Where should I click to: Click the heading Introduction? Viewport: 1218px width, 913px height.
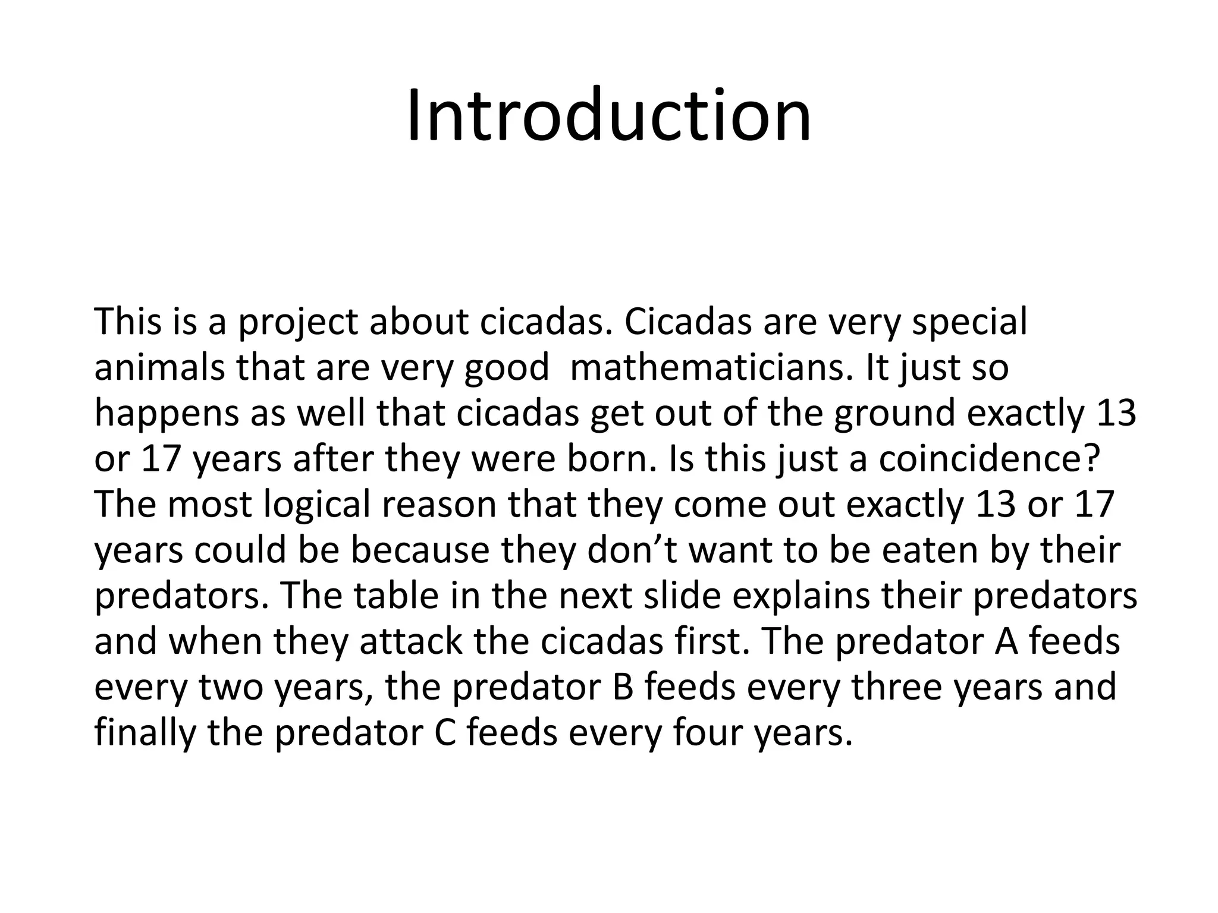pos(608,115)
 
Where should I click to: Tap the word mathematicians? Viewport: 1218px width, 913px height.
pos(708,368)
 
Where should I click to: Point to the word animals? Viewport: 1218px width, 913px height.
pos(159,368)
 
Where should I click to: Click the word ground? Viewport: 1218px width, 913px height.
pos(894,414)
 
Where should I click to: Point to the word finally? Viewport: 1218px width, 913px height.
pos(145,733)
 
